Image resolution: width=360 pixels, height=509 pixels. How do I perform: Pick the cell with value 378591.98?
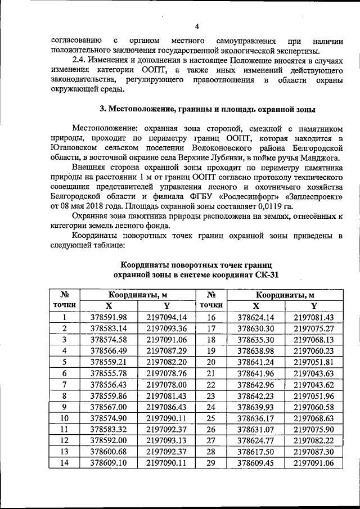[109, 317]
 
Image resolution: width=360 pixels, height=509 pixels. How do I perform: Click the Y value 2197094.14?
[166, 317]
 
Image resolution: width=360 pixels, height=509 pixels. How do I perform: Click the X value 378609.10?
[109, 462]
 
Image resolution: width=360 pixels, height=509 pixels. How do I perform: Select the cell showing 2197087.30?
[313, 451]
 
